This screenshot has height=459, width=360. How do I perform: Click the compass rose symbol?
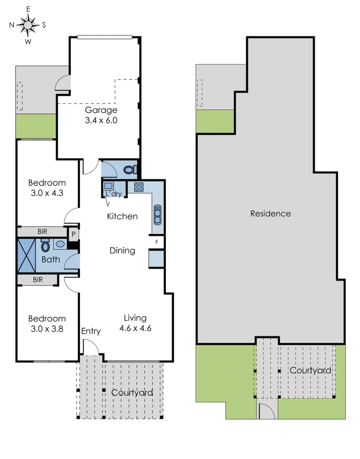point(28,25)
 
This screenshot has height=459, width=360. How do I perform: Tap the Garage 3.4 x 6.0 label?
point(101,115)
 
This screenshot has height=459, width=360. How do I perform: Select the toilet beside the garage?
point(130,170)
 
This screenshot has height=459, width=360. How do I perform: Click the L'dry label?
point(113,194)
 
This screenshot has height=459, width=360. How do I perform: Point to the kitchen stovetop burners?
point(139,187)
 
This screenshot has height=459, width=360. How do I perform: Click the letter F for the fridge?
point(157,242)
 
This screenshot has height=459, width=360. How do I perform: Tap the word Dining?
point(122,251)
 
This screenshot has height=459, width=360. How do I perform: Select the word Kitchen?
point(122,216)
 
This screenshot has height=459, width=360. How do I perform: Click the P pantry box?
point(74,234)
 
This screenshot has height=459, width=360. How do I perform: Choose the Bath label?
point(51,259)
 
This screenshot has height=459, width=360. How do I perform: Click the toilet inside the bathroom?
point(45,246)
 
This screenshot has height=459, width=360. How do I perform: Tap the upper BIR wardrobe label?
point(43,232)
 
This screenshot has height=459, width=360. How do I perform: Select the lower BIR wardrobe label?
point(37,280)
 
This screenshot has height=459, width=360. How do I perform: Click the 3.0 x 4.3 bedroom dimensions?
point(47,192)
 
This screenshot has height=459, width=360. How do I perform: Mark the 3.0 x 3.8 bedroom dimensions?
point(47,328)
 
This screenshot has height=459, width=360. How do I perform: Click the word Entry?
point(91,331)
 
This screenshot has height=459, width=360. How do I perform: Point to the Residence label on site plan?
point(270,213)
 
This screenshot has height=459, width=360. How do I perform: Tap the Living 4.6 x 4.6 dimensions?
point(135,328)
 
